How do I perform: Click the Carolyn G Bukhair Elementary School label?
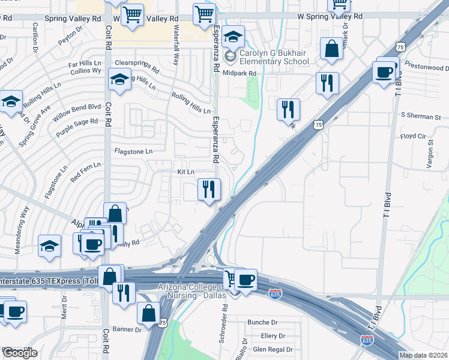coord(274,57)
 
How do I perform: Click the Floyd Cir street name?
coord(412,137)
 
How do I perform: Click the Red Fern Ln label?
coord(85,172)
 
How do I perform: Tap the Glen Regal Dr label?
coord(273,349)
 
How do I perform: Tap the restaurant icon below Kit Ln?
coord(209,190)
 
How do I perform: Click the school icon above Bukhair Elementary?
coord(233,37)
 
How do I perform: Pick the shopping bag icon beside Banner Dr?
coord(148,313)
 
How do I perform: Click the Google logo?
coord(20,353)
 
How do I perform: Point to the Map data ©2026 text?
coord(424,355)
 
